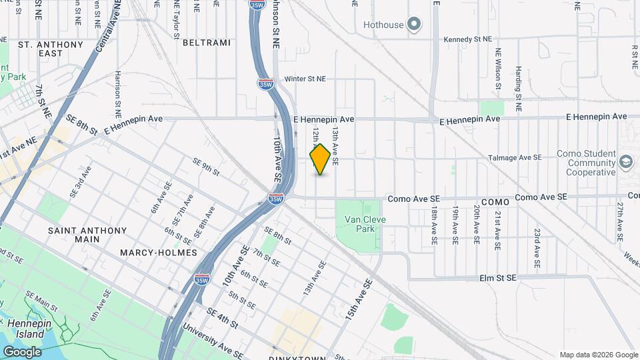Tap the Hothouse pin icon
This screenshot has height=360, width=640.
[x=414, y=25]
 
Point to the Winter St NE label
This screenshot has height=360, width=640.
[x=305, y=79]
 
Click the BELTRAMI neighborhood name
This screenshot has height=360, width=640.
[x=206, y=43]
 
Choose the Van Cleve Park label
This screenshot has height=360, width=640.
[x=365, y=223]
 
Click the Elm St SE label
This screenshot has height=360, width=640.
[x=497, y=277]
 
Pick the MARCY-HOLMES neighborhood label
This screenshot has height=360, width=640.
[x=159, y=253]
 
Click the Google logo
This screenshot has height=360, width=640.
[x=22, y=351]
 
